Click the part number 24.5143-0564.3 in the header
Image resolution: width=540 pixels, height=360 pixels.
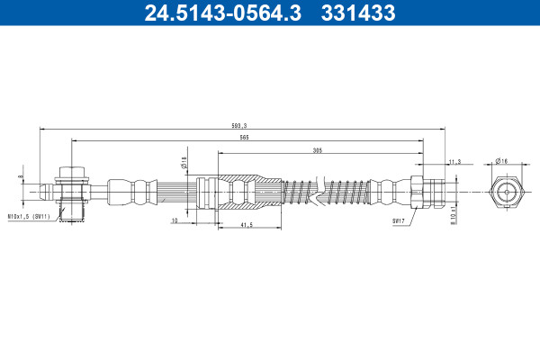coord(223,13)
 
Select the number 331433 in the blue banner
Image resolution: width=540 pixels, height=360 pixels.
coord(358,13)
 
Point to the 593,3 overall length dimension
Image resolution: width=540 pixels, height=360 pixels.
coord(239,126)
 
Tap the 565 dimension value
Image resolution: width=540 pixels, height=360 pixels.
coord(244,138)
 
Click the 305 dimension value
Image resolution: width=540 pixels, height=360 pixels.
coord(317,150)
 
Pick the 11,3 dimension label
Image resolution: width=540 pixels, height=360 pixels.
coord(454,162)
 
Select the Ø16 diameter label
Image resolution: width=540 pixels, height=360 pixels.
coord(501,161)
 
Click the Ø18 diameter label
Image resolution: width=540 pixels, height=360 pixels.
coord(184,162)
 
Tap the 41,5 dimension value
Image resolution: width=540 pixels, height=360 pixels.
coord(247,225)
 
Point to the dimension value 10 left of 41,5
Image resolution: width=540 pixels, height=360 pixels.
coord(175,220)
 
